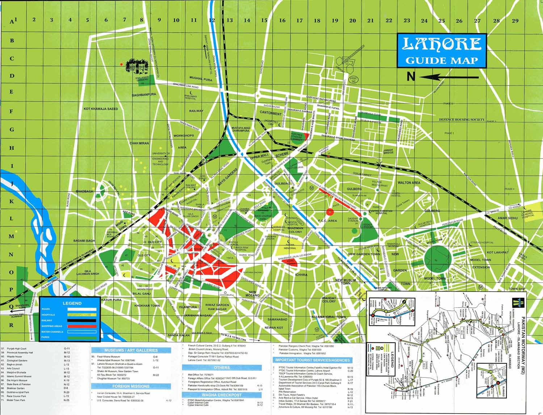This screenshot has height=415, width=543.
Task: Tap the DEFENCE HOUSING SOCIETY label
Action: click(462, 119)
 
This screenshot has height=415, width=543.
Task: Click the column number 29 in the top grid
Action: click(515, 20)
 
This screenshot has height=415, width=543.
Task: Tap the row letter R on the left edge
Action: click(12, 325)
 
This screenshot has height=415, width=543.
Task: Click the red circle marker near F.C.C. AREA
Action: click(330, 212)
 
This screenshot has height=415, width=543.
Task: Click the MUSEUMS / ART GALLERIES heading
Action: click(131, 350)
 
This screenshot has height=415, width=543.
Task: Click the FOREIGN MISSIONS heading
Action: click(131, 386)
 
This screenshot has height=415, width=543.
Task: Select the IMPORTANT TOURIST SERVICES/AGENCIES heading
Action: click(313, 360)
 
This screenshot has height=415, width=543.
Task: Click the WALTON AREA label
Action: click(409, 183)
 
